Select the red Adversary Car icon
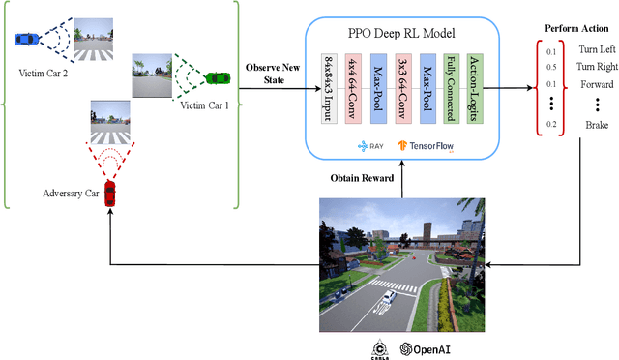(110, 192)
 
